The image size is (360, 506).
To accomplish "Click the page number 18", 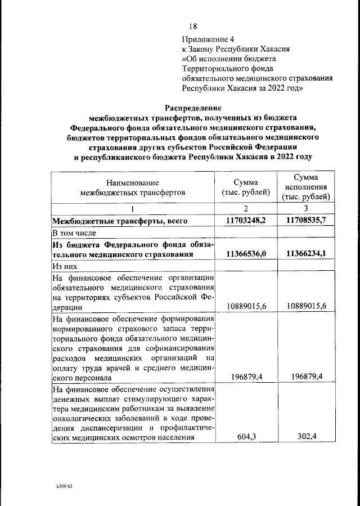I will (192, 26).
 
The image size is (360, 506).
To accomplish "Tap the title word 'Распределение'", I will (193, 108).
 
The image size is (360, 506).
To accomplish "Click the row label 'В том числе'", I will (74, 232).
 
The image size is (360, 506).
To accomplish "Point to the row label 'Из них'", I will (64, 266).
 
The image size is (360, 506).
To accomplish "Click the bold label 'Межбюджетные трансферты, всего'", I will (119, 221).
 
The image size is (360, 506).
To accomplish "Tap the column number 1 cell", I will (133, 209).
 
